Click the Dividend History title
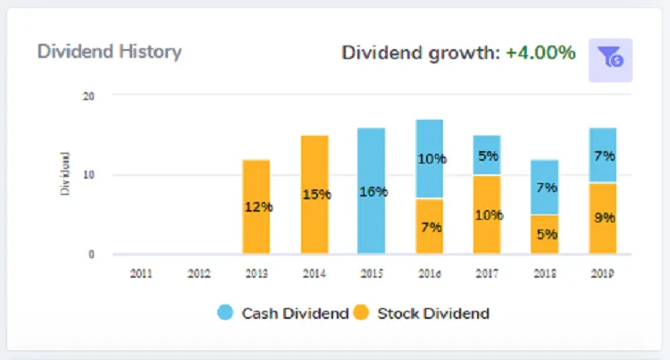[x=109, y=51]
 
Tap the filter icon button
[x=610, y=59]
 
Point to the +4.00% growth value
[x=540, y=53]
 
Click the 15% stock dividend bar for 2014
[x=314, y=195]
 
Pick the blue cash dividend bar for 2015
[x=372, y=191]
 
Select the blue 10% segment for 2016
[x=430, y=158]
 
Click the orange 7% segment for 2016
[x=430, y=227]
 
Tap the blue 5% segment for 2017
[x=487, y=155]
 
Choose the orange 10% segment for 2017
[x=487, y=215]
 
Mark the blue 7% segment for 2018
[x=545, y=188]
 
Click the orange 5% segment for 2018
[x=545, y=235]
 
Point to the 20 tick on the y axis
[x=88, y=96]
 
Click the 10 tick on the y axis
[x=88, y=175]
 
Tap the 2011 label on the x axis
[x=141, y=272]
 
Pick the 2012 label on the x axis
[x=198, y=272]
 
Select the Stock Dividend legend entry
[x=422, y=313]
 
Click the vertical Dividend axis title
[x=64, y=175]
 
